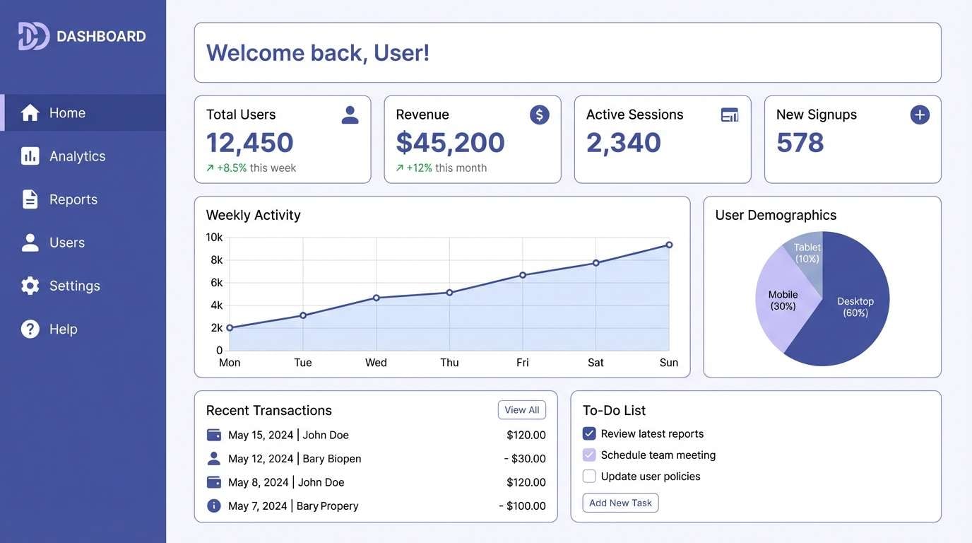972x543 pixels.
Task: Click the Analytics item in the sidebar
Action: click(x=77, y=156)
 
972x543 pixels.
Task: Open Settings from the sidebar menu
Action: click(x=74, y=286)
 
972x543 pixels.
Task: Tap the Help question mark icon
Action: click(x=30, y=329)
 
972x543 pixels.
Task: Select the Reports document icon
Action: click(x=30, y=199)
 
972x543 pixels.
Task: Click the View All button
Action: click(x=521, y=410)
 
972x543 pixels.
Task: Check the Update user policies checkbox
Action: click(x=589, y=476)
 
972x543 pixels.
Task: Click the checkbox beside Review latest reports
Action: click(x=589, y=433)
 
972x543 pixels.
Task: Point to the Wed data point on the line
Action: click(x=376, y=298)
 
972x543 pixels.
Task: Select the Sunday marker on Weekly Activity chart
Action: click(x=668, y=245)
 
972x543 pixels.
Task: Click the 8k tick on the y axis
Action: click(x=216, y=260)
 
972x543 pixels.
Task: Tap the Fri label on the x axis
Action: click(x=522, y=363)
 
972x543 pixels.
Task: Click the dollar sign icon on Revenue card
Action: click(x=539, y=115)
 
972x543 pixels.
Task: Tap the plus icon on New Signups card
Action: click(x=919, y=115)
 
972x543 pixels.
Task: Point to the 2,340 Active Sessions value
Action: click(x=623, y=143)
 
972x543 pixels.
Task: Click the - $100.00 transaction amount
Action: click(x=522, y=506)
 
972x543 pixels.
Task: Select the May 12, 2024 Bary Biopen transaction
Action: click(x=294, y=459)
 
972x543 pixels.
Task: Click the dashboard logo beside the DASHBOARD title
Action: click(x=33, y=36)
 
